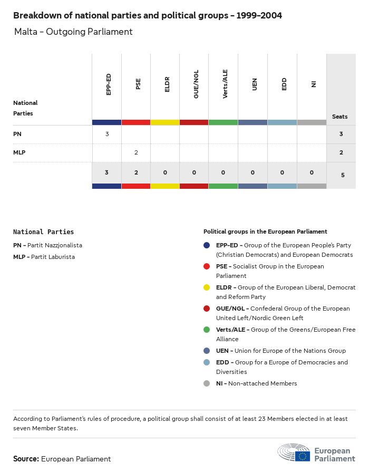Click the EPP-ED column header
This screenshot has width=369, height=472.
[x=109, y=84]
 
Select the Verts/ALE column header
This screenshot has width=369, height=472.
[x=225, y=84]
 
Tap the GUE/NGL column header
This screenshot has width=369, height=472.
[x=196, y=84]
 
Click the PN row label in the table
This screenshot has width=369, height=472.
[x=17, y=134]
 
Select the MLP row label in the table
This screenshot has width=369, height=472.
[x=19, y=152]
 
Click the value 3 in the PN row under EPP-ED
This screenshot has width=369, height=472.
[x=107, y=134]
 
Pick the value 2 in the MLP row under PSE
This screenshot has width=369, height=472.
[x=136, y=152]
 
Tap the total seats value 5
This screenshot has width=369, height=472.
[x=343, y=175]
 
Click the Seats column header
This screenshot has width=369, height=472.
[x=340, y=117]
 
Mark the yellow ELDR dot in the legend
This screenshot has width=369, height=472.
[x=207, y=287]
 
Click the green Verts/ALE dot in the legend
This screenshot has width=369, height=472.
[x=207, y=330]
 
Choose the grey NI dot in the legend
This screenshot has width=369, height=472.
[x=207, y=383]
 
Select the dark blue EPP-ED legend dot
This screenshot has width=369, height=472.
[x=207, y=245]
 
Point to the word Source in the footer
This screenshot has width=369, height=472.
[x=26, y=459]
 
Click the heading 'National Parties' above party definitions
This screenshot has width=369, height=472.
[x=43, y=232]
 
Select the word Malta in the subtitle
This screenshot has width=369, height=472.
[x=26, y=32]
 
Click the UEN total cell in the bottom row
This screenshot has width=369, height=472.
[x=253, y=172]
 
